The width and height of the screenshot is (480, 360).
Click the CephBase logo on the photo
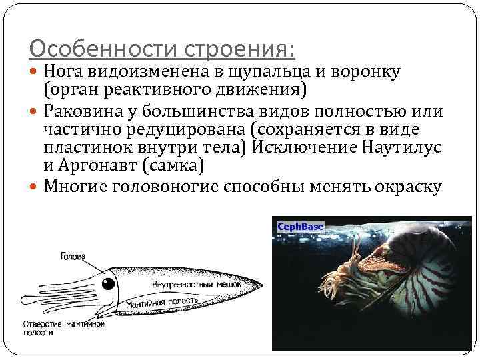pyautogui.click(x=300, y=227)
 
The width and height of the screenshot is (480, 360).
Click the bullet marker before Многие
pyautogui.click(x=35, y=187)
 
